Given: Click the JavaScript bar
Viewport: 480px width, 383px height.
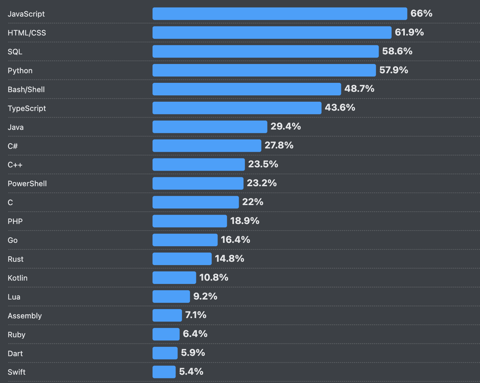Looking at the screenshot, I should (x=280, y=14).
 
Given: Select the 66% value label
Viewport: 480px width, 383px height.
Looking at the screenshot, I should (x=421, y=14).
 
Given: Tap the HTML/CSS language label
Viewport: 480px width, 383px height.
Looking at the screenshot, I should (x=27, y=33).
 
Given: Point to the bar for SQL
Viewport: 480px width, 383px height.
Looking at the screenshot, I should (x=265, y=52).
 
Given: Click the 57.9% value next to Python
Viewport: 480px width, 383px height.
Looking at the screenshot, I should (x=394, y=70).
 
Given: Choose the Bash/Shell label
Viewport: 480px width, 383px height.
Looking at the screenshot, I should (x=26, y=89).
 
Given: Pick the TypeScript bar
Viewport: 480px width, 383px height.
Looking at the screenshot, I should (x=237, y=108).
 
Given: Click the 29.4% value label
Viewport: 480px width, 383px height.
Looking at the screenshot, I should (x=286, y=127).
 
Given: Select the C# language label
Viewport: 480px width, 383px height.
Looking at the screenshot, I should (x=13, y=146).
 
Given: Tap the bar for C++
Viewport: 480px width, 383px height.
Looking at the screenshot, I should (x=199, y=165).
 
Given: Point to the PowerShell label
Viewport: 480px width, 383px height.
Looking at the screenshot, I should (x=27, y=184).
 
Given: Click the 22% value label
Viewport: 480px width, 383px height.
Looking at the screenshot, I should (x=253, y=202).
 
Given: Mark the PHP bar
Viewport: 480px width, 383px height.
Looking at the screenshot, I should (x=190, y=221).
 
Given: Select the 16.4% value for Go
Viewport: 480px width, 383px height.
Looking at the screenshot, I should (x=235, y=240).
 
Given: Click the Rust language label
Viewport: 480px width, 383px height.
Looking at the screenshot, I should (x=16, y=259).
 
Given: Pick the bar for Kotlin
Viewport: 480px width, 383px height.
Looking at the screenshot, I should (x=174, y=278).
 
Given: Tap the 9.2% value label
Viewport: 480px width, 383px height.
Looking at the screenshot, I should (x=205, y=297).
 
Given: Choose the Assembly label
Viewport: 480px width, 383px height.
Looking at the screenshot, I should (x=25, y=316).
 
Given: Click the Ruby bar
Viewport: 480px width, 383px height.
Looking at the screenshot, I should (x=166, y=334).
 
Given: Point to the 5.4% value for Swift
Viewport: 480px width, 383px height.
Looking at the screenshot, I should (x=191, y=372).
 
